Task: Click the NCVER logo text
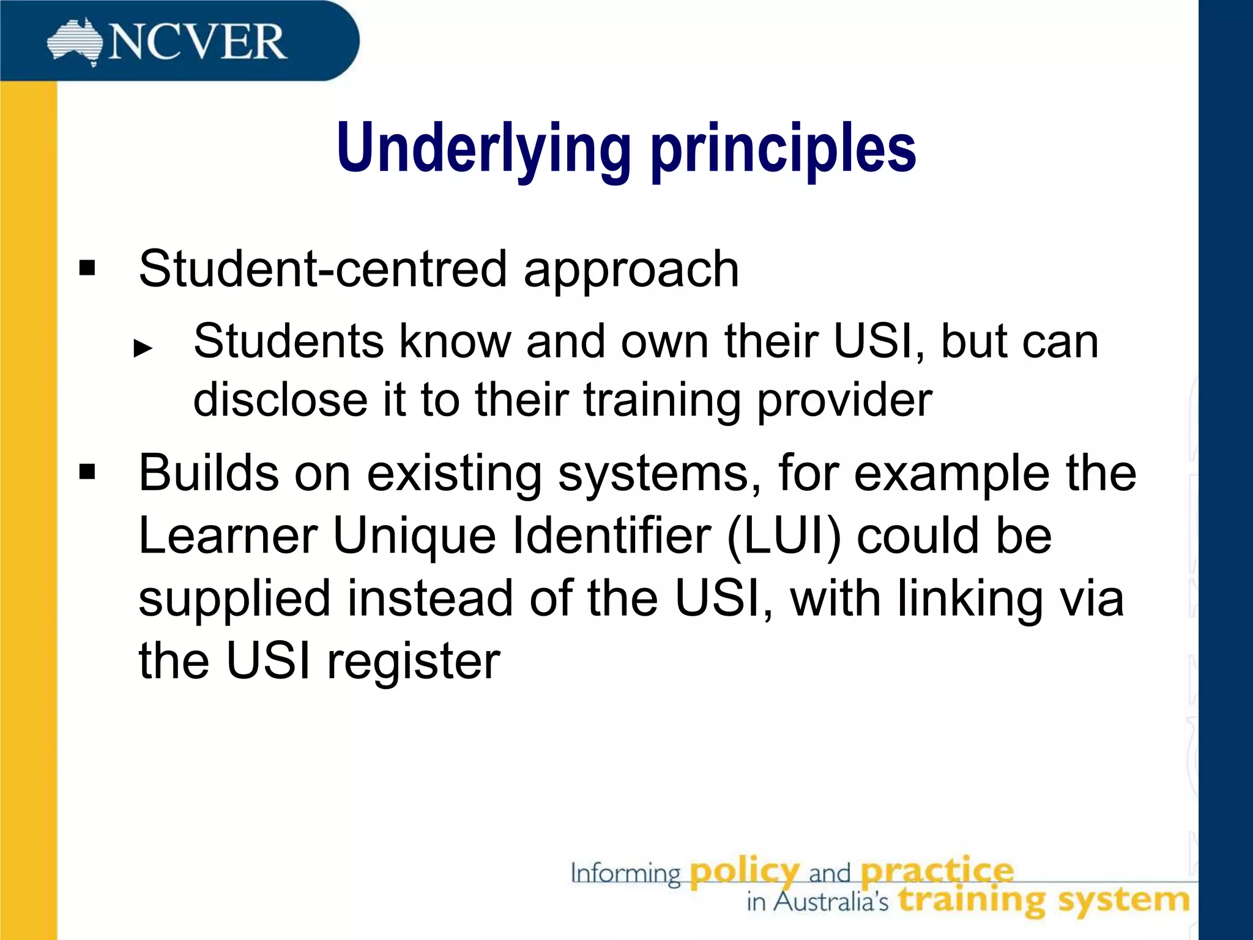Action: coord(197,42)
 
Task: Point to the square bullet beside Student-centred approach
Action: coord(87,268)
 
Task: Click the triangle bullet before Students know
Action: coord(143,348)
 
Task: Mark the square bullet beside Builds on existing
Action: coord(87,472)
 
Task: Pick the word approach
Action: coord(631,270)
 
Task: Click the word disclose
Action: coord(280,400)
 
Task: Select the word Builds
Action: coord(209,472)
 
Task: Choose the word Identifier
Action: coord(611,535)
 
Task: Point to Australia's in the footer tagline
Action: coord(831,901)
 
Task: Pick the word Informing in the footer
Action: coord(625,874)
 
